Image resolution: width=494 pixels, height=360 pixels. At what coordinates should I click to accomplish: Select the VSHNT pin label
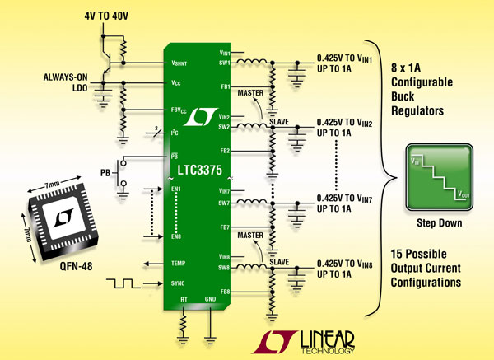(180, 63)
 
